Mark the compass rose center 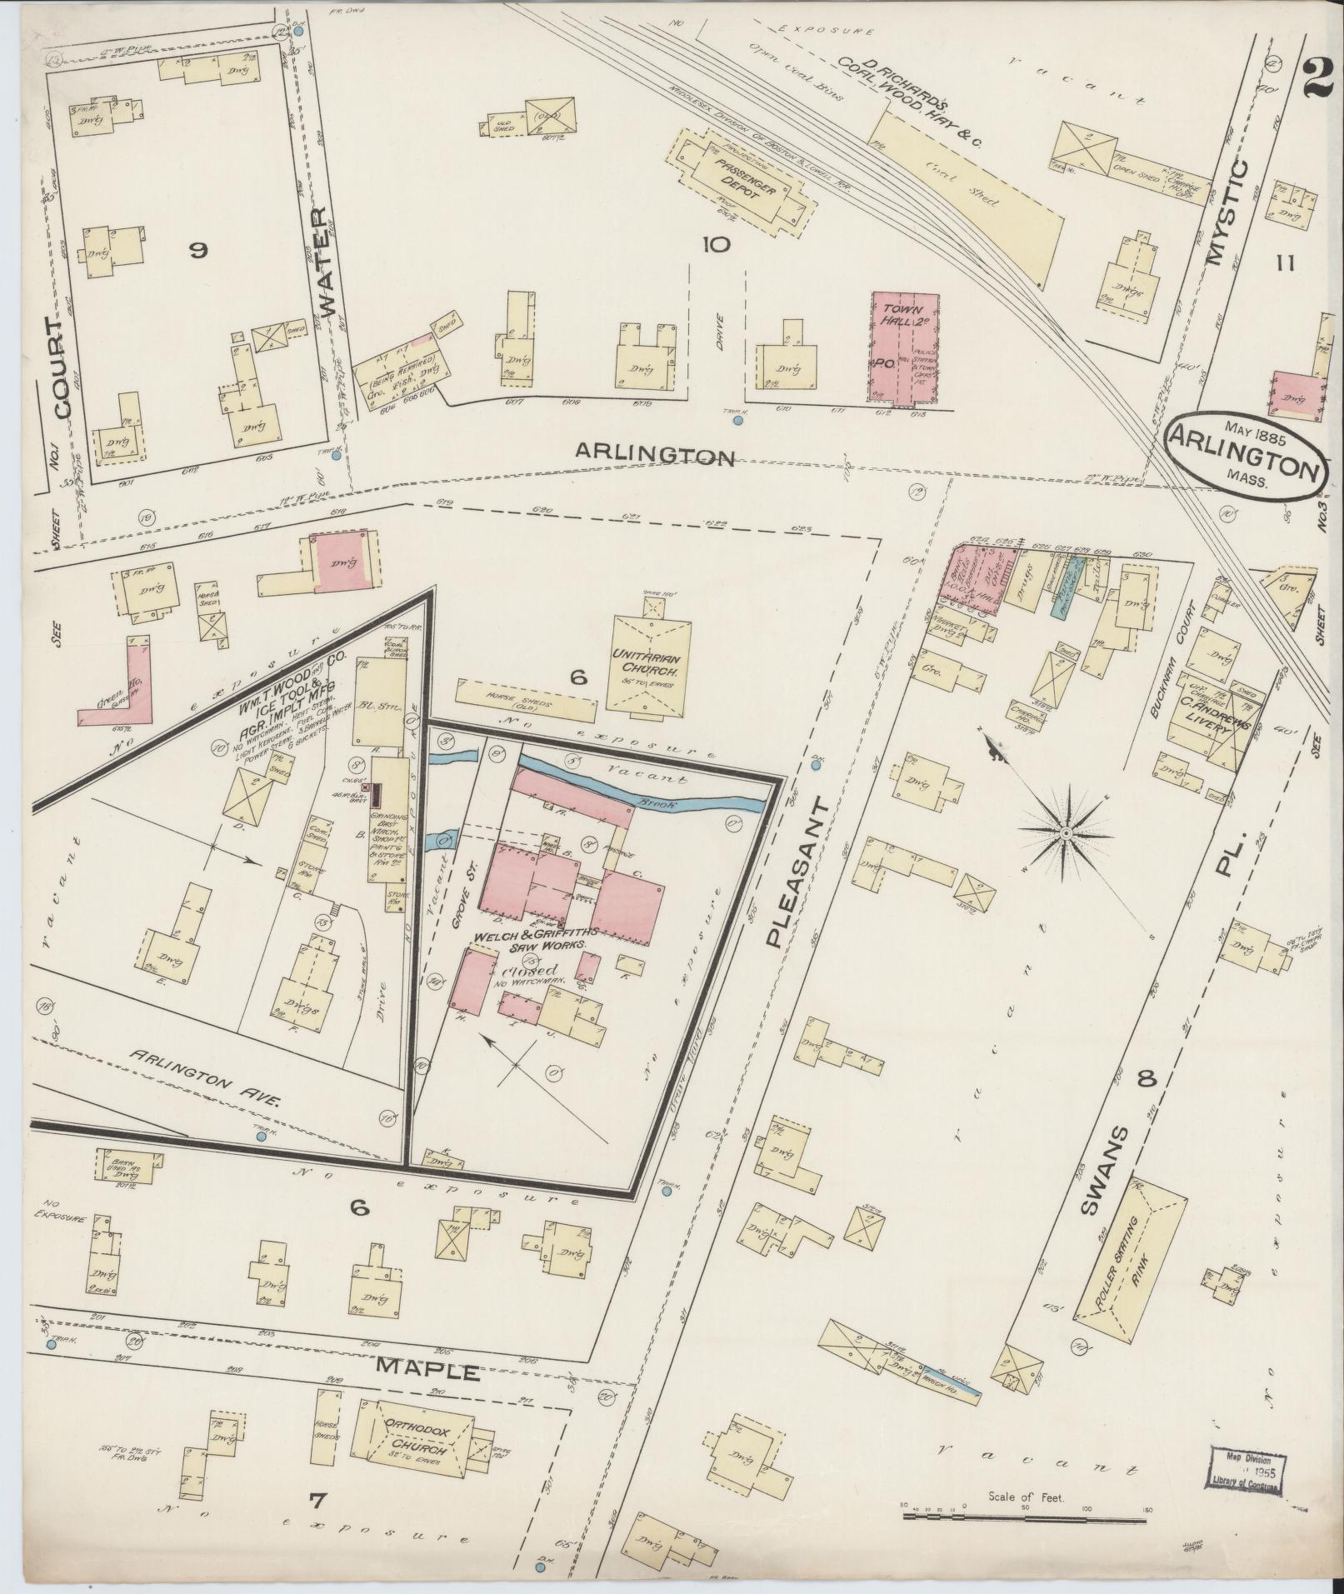pos(1066,832)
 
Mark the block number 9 pos(197,250)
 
